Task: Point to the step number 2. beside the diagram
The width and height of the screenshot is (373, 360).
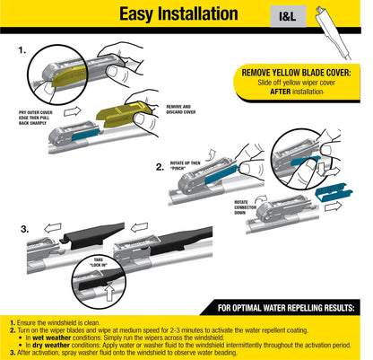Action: click(159, 166)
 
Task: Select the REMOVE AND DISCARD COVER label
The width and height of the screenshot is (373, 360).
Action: click(186, 111)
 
